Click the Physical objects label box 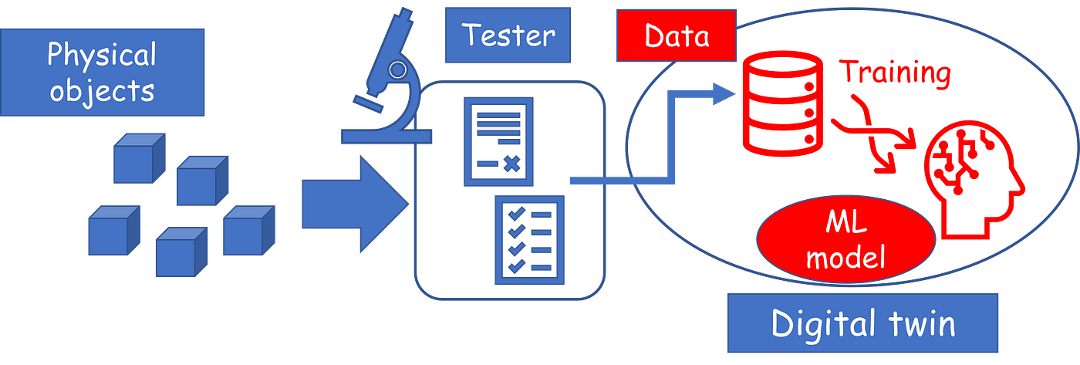click(102, 73)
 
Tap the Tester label click(508, 35)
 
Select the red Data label click(676, 35)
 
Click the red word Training click(895, 74)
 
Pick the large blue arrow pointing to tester click(351, 204)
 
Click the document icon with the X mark click(498, 140)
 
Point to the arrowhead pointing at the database click(724, 93)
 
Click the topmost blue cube click(139, 158)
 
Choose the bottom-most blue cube click(181, 252)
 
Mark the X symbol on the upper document click(510, 163)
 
